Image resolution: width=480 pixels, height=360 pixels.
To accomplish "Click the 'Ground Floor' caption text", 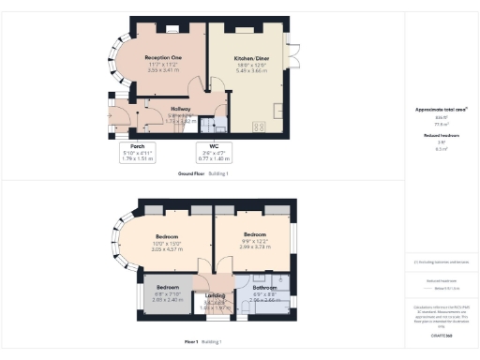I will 191,174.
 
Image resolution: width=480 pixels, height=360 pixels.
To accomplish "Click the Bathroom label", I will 263,287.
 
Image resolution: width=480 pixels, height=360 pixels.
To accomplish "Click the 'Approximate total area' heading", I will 441,110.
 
